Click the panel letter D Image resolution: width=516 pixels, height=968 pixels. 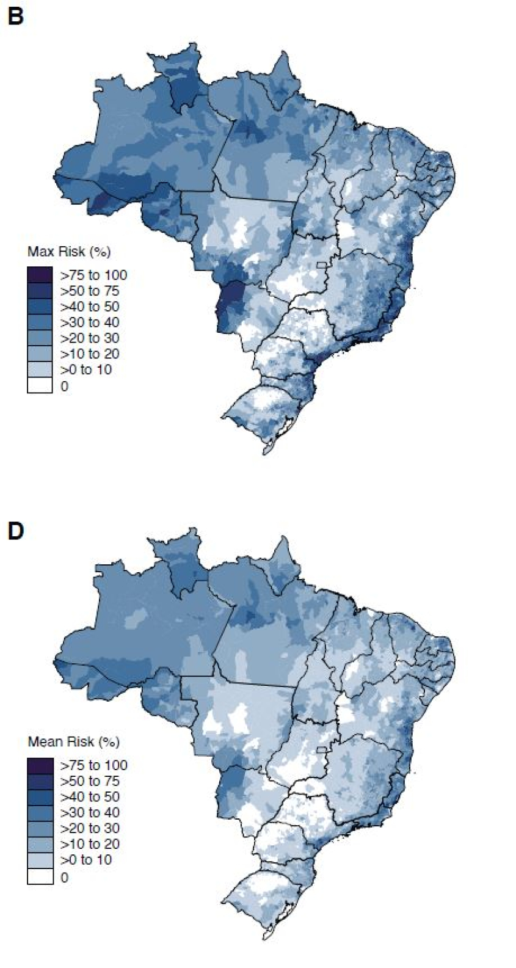(x=15, y=531)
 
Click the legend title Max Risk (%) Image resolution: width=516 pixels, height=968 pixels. (x=69, y=252)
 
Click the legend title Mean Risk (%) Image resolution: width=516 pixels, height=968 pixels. (x=73, y=742)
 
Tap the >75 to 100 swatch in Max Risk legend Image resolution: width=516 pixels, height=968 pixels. (x=40, y=275)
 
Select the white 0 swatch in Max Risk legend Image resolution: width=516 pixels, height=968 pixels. (x=40, y=386)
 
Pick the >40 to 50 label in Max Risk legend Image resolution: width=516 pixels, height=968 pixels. (x=90, y=307)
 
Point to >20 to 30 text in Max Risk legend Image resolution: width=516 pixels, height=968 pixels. (x=90, y=338)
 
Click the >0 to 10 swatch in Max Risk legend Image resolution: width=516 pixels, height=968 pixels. (x=40, y=370)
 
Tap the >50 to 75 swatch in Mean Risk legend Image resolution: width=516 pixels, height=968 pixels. (x=40, y=781)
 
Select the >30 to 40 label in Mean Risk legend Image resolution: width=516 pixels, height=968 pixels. (x=90, y=813)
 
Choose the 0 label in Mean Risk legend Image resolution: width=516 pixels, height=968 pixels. (x=65, y=878)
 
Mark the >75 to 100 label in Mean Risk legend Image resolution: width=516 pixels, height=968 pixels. (x=93, y=765)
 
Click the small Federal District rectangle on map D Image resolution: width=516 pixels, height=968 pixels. (x=321, y=749)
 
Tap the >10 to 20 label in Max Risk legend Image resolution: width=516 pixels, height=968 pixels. (x=90, y=354)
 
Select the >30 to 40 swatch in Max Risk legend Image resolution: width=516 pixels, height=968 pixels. (x=40, y=322)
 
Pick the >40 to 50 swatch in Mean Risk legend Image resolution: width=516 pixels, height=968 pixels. (x=40, y=797)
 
